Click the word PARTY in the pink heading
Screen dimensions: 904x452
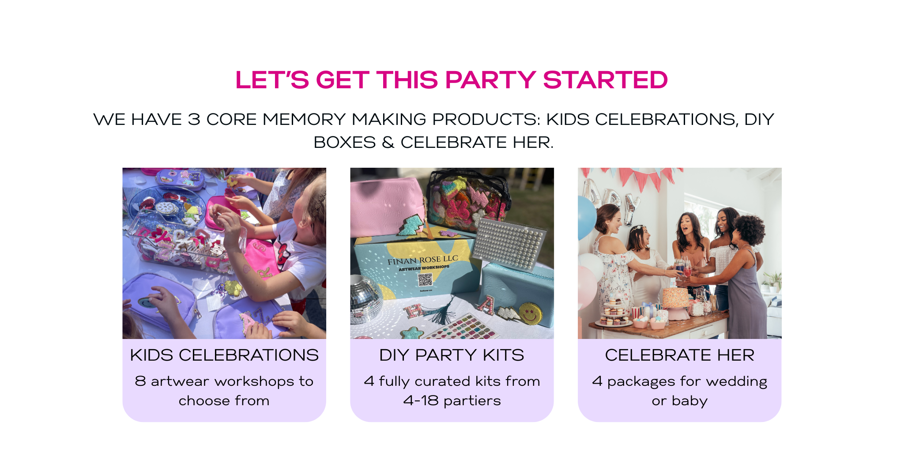pos(490,80)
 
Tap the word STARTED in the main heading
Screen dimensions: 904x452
pos(605,80)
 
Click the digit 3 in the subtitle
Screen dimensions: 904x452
pos(194,120)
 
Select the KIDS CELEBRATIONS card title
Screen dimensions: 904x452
pos(224,355)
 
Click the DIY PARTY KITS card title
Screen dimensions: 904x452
pos(452,355)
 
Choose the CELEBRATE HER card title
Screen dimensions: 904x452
pos(680,355)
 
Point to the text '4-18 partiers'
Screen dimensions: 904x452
pos(452,401)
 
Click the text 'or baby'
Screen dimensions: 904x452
pos(680,401)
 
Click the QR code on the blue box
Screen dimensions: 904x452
pos(425,280)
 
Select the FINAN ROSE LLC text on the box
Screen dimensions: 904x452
pos(423,260)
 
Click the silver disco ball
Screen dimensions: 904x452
pos(366,298)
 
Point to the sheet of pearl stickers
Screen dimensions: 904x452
pos(508,242)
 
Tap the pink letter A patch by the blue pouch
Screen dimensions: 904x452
pos(486,304)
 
